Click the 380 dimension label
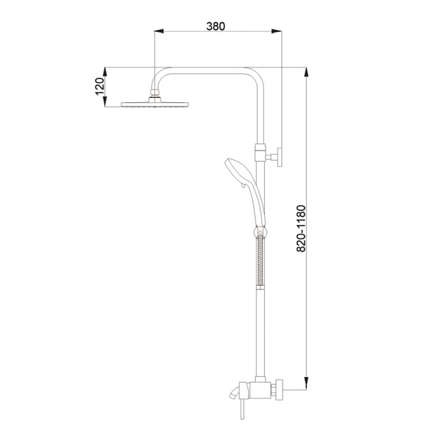tap(216, 26)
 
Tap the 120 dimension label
tap(99, 87)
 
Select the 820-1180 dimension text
tap(301, 229)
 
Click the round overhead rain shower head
tap(155, 104)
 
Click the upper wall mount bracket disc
tap(279, 157)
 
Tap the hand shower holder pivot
tap(261, 232)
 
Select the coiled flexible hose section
tap(261, 261)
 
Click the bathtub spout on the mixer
tap(234, 393)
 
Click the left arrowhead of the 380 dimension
tap(158, 31)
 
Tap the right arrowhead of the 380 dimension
tap(277, 31)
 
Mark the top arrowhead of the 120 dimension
tap(104, 72)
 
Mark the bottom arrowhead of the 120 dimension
tap(104, 102)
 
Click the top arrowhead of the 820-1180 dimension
tap(307, 72)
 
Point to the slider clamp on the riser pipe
tap(260, 153)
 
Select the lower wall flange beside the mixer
tap(279, 390)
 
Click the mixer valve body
tap(261, 390)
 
